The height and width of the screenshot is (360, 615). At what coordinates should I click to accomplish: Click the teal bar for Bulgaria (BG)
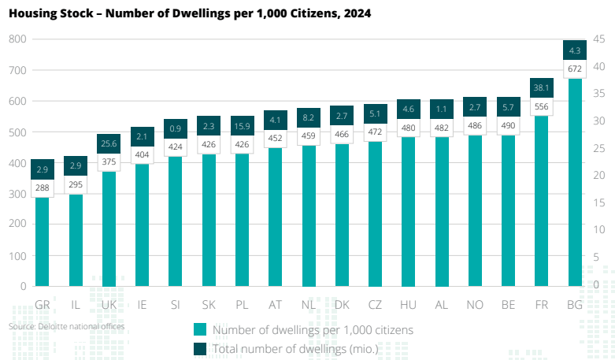click(575, 181)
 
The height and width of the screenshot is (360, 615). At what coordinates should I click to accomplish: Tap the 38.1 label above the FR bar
click(541, 87)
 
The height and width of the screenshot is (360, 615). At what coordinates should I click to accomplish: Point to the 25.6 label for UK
click(109, 143)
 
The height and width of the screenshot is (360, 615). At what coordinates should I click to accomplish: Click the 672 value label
click(575, 69)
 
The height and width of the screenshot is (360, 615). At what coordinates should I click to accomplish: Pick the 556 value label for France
click(541, 107)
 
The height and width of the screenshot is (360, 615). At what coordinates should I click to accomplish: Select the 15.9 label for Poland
click(242, 126)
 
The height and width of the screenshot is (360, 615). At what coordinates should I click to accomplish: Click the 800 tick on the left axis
click(18, 39)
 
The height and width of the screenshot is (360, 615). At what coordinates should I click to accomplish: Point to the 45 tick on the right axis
click(597, 39)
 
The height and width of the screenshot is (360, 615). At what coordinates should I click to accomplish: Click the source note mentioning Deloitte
click(67, 325)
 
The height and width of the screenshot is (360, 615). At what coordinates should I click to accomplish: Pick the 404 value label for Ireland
click(143, 155)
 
